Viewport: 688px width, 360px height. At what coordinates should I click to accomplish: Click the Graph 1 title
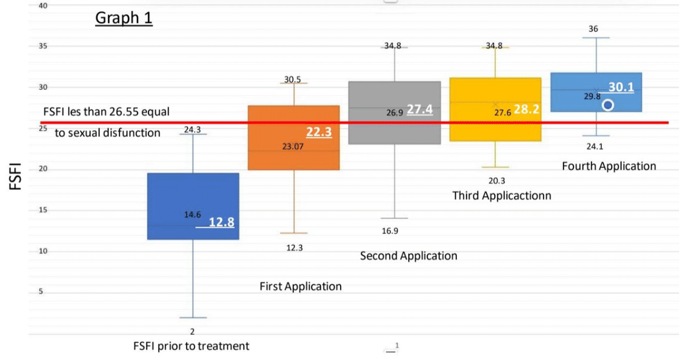tap(124, 18)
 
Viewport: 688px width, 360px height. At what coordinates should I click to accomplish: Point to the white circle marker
tap(608, 105)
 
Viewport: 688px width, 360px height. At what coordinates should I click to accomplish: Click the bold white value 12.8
tap(221, 223)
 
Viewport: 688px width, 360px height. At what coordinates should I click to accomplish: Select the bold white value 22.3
tap(319, 132)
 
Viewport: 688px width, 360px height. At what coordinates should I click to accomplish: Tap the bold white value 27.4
tap(419, 109)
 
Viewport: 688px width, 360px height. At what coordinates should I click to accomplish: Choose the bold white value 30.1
tap(621, 87)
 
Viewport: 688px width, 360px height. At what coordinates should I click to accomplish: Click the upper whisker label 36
tap(595, 28)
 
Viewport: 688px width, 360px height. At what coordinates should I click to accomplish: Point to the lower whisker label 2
tap(193, 332)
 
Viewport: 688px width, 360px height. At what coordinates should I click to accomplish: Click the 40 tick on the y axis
tap(43, 6)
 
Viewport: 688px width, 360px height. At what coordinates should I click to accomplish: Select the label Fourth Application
tap(609, 166)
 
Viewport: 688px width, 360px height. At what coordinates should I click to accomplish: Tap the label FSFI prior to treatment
tap(191, 346)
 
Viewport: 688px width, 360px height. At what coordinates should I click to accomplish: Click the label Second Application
tap(408, 256)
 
